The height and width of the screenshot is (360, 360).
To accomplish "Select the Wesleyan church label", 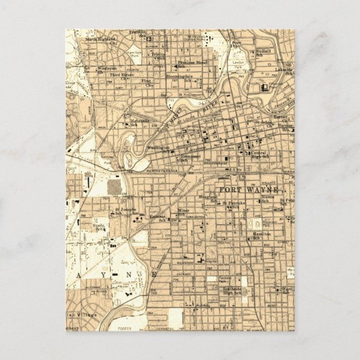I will click(106, 68).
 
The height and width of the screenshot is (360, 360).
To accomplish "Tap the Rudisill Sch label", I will click(263, 53).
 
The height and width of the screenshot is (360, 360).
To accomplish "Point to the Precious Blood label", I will click(192, 63).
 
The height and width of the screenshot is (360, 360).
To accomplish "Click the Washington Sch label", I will click(158, 149).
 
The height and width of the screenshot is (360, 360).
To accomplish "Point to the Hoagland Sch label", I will click(207, 198).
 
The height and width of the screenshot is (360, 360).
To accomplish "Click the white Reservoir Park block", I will click(250, 222).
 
